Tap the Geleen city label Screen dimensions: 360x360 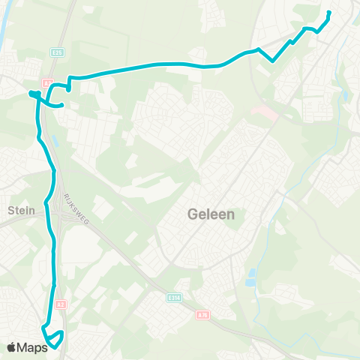(210, 214)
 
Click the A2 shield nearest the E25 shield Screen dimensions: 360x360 (46, 82)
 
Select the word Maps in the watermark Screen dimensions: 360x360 (34, 346)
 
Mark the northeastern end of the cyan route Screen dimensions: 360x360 (329, 13)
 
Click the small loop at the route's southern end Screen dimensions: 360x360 (54, 337)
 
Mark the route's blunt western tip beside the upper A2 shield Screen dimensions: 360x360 (31, 93)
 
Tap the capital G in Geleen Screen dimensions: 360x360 (191, 214)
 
